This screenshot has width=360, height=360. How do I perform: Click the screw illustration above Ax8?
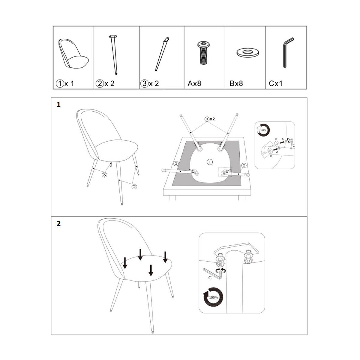pyautogui.click(x=204, y=53)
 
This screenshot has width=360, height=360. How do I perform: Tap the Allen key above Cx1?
pyautogui.click(x=288, y=52)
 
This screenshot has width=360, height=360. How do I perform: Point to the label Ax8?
pyautogui.click(x=194, y=83)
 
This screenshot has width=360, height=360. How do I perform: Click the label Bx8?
pyautogui.click(x=236, y=83)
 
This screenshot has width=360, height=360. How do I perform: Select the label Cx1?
pyautogui.click(x=276, y=83)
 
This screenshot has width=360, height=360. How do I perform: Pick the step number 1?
pyautogui.click(x=59, y=105)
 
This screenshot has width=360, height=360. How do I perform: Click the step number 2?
pyautogui.click(x=59, y=223)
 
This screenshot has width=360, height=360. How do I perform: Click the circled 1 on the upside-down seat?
pyautogui.click(x=210, y=162)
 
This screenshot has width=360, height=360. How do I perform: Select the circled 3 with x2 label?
pyautogui.click(x=210, y=119)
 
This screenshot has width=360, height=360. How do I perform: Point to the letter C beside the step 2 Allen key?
pyautogui.click(x=210, y=283)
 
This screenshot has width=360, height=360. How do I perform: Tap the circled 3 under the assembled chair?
pyautogui.click(x=104, y=175)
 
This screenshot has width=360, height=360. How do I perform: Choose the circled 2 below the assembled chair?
pyautogui.click(x=134, y=186)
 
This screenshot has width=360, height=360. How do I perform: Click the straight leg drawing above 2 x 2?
pyautogui.click(x=114, y=55)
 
